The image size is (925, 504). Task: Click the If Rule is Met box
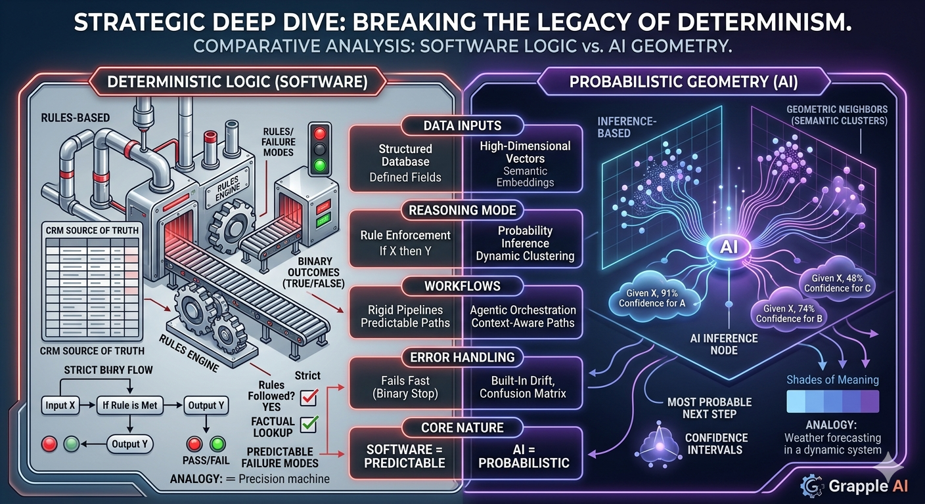[130, 405]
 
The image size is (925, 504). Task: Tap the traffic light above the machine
[319, 149]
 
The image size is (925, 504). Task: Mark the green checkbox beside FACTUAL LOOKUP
[309, 425]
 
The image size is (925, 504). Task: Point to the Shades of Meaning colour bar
[832, 401]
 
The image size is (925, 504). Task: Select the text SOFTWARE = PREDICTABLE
[406, 456]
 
